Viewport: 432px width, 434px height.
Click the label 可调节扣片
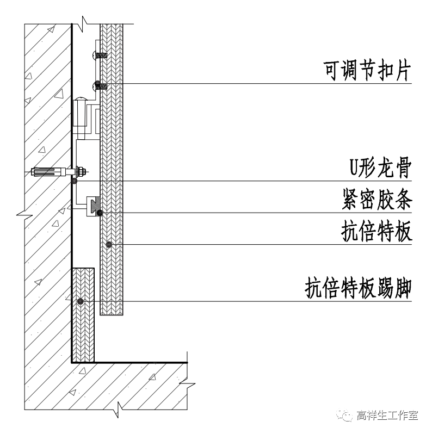(366, 71)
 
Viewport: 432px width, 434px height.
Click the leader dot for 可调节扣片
(97, 84)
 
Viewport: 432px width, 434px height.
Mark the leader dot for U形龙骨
(74, 181)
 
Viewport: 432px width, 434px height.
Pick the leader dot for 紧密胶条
(100, 213)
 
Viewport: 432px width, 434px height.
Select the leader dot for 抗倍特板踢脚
(80, 301)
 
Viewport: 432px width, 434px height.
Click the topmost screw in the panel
(100, 54)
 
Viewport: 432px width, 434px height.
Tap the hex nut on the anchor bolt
(81, 172)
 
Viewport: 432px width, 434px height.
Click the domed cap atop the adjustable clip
(81, 100)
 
